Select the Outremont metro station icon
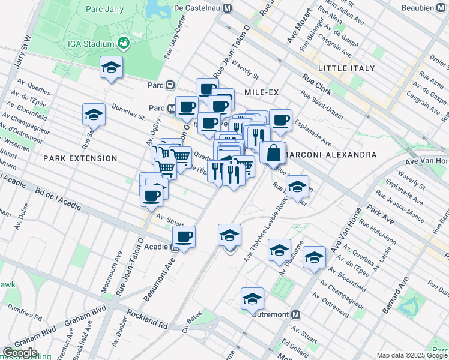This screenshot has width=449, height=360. (x=295, y=314)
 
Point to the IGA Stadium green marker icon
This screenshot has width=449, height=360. (x=124, y=43)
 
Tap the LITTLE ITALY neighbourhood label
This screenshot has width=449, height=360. (x=347, y=68)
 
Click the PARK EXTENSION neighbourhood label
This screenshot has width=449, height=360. (x=80, y=158)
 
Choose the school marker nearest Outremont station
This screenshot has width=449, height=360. (x=253, y=298)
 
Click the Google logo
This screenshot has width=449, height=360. (x=20, y=353)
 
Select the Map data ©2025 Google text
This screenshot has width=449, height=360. (x=412, y=355)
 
